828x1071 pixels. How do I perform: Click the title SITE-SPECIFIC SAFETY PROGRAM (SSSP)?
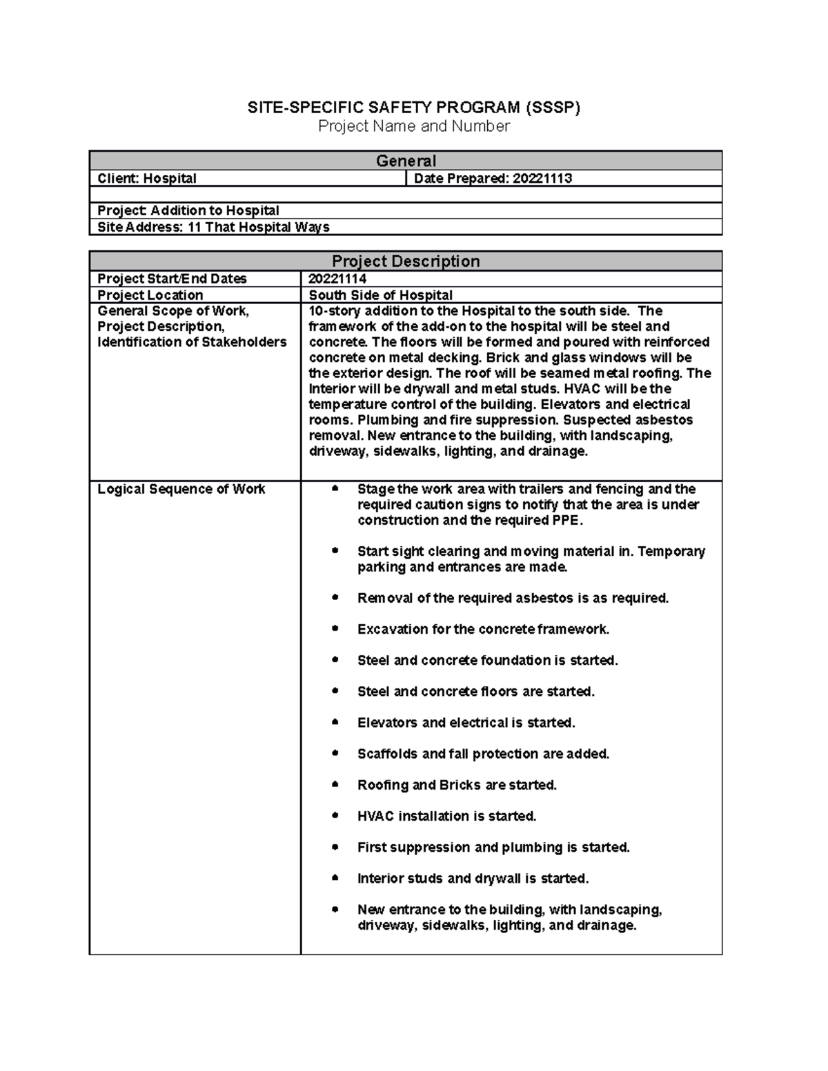pyautogui.click(x=414, y=108)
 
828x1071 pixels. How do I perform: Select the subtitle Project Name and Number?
pyautogui.click(x=414, y=126)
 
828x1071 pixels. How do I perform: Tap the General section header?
pyautogui.click(x=406, y=161)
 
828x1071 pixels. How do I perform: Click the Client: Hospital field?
pyautogui.click(x=147, y=179)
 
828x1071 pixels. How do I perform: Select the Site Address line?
pyautogui.click(x=213, y=228)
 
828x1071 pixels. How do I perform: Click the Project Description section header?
pyautogui.click(x=406, y=261)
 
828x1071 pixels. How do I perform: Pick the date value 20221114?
pyautogui.click(x=337, y=279)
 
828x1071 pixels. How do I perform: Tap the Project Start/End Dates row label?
pyautogui.click(x=172, y=279)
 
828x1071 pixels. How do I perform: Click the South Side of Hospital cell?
pyautogui.click(x=380, y=295)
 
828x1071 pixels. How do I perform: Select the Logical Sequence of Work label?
pyautogui.click(x=181, y=489)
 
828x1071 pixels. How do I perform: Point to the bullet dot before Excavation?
pyautogui.click(x=335, y=629)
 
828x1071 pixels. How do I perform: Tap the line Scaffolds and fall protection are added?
pyautogui.click(x=483, y=754)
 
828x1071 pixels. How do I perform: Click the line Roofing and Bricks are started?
pyautogui.click(x=457, y=785)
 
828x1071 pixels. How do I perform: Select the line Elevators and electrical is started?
pyautogui.click(x=466, y=723)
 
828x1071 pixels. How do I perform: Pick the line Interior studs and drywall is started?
pyautogui.click(x=473, y=879)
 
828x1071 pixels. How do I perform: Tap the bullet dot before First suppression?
pyautogui.click(x=335, y=847)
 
